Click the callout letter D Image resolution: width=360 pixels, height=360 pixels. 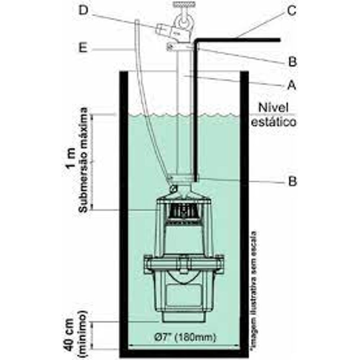(x=84, y=10)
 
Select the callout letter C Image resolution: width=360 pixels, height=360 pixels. (x=291, y=10)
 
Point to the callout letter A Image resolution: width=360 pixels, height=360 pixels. (x=291, y=85)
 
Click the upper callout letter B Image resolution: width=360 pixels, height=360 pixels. (x=292, y=62)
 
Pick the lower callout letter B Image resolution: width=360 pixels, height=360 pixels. (x=292, y=181)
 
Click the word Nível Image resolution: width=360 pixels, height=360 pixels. (x=273, y=107)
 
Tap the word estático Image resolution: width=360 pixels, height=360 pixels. (x=274, y=122)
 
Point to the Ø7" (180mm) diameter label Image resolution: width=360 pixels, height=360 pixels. (x=185, y=338)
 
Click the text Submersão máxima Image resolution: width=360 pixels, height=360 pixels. (x=83, y=159)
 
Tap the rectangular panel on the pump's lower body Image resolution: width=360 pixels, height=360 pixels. (x=184, y=295)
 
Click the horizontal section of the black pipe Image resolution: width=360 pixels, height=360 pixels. (x=238, y=40)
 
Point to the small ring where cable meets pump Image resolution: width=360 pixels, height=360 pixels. (x=173, y=188)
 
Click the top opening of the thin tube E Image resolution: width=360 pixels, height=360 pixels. (x=137, y=21)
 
